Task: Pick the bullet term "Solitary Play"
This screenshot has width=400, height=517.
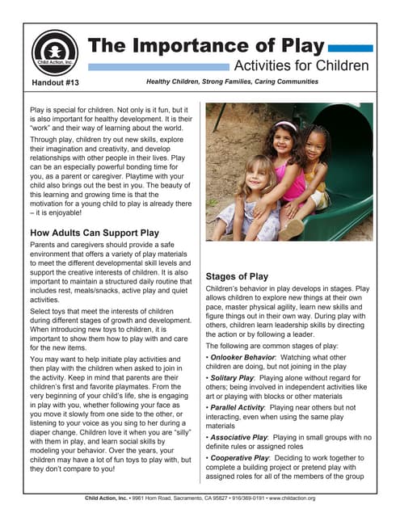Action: [235, 378]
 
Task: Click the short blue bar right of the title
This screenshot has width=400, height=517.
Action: [352, 48]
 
